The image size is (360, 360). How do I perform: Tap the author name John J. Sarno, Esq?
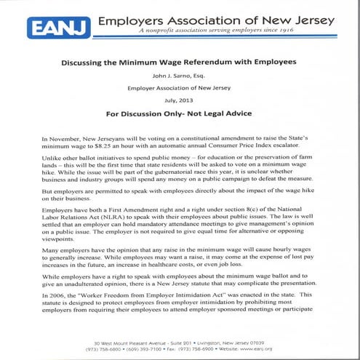pos(178,76)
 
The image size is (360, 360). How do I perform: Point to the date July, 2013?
pos(178,102)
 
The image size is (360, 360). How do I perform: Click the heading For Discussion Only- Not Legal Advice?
pos(178,115)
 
